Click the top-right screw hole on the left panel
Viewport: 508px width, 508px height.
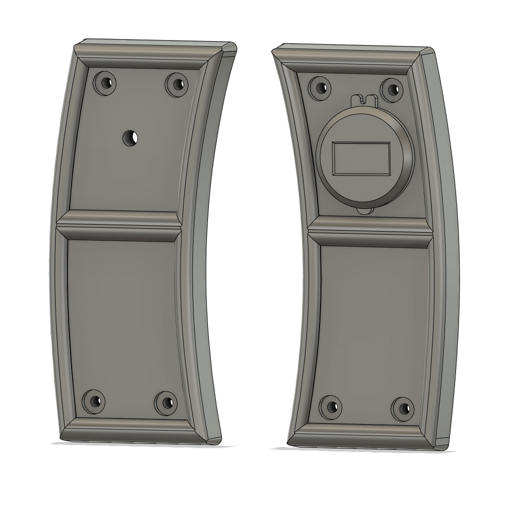tap(176, 84)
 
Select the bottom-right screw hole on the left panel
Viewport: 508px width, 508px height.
tap(166, 403)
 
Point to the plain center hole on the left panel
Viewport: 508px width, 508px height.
tap(131, 137)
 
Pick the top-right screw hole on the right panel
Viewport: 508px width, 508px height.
tap(392, 89)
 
